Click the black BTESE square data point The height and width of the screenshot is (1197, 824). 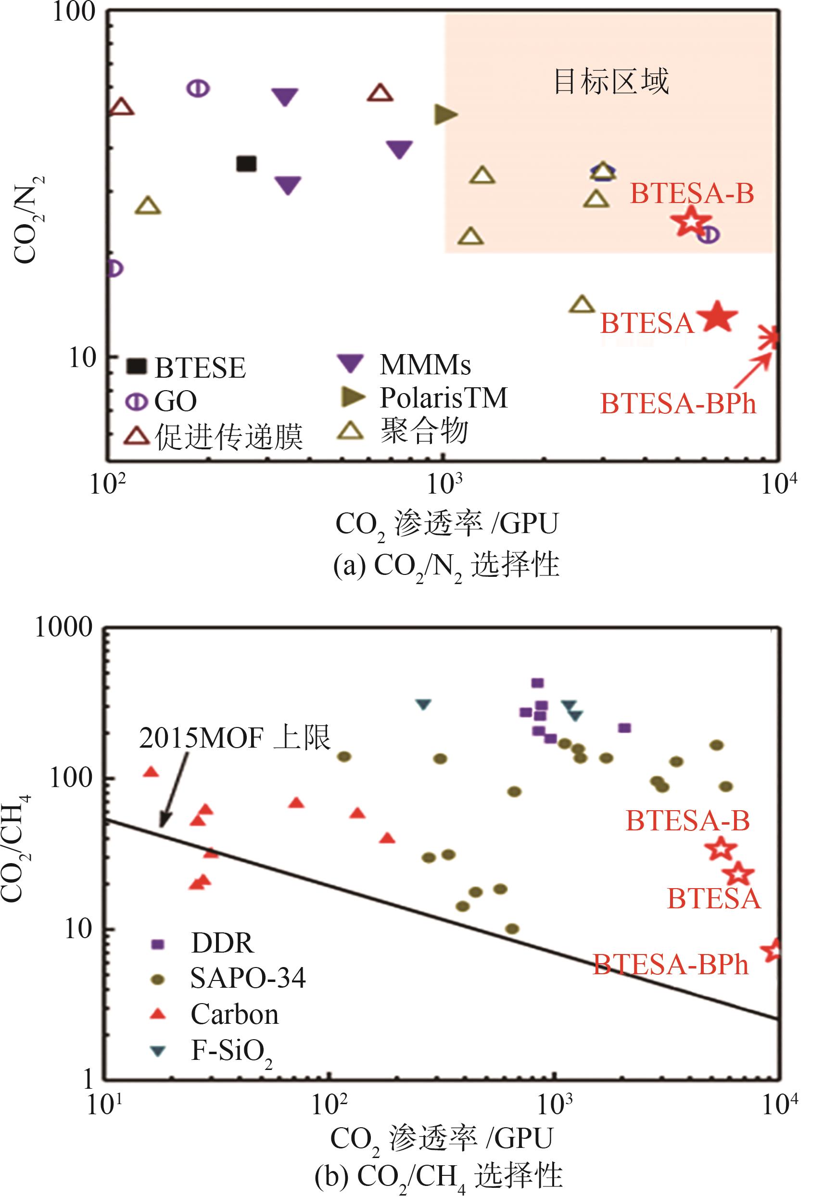click(x=246, y=164)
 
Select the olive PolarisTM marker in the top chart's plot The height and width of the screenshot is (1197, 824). click(x=445, y=114)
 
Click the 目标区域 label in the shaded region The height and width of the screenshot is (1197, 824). click(x=611, y=82)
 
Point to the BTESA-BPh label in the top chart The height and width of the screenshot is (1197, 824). click(x=677, y=403)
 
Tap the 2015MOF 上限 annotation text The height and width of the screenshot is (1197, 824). click(x=235, y=738)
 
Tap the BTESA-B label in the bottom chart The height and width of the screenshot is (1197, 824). click(x=687, y=821)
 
